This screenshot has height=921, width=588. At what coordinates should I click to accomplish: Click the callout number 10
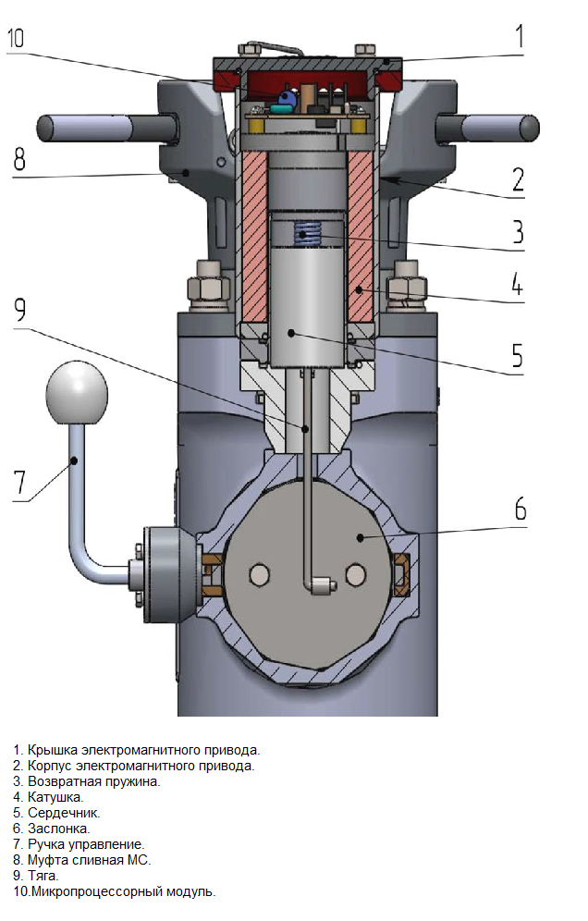[x=16, y=38]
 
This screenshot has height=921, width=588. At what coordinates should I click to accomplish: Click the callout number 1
[x=520, y=36]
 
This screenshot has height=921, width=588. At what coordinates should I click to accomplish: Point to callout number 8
[x=19, y=159]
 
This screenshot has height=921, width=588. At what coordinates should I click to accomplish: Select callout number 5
[x=517, y=355]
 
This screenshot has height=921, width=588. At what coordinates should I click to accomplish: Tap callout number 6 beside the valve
[x=521, y=509]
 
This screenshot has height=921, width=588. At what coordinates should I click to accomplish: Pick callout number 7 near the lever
[x=20, y=483]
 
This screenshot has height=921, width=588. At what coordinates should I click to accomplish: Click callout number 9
[x=20, y=310]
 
